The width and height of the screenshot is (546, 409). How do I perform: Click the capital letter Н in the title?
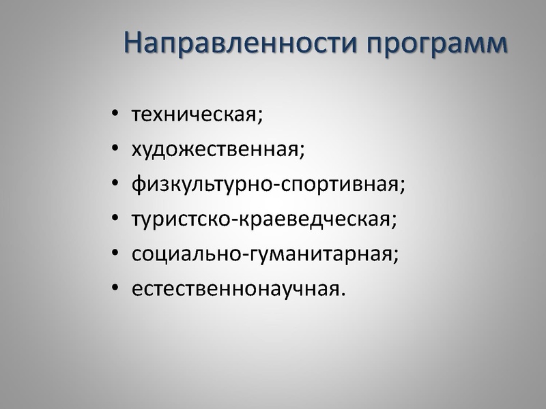pyautogui.click(x=134, y=42)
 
